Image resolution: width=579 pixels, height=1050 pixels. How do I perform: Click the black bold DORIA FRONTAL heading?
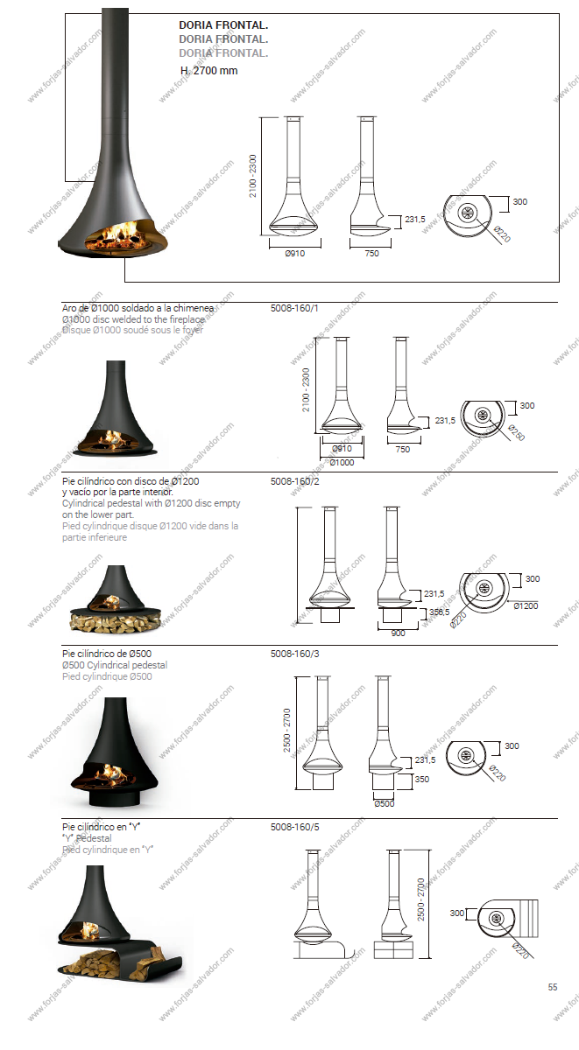[223, 25]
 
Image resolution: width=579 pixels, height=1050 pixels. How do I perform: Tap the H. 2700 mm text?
[208, 71]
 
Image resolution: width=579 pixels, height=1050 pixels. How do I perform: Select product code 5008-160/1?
[294, 308]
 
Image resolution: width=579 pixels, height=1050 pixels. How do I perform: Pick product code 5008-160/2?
[294, 481]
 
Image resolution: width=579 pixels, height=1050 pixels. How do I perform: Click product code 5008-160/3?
[294, 654]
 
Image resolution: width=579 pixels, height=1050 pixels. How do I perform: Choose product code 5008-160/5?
[294, 828]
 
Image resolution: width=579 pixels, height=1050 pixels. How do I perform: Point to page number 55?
[553, 987]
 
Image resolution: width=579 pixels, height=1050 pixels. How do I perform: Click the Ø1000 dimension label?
[342, 463]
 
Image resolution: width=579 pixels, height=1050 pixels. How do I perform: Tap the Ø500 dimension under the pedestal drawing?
[385, 804]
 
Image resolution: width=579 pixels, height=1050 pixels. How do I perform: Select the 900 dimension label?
[398, 633]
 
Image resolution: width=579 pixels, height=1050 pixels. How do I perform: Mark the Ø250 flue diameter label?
[516, 432]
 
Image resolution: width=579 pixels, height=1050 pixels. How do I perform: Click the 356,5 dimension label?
[439, 612]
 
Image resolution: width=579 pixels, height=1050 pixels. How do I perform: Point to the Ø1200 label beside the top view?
[526, 606]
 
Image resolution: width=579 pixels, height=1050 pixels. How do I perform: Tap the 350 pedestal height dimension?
[422, 779]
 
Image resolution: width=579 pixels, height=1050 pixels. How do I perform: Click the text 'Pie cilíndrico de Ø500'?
[107, 654]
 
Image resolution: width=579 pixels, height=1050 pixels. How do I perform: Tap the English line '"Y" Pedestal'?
[87, 838]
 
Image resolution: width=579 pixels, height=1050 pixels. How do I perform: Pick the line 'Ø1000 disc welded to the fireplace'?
[133, 319]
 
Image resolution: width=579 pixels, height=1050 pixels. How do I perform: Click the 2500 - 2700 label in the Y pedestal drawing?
[420, 899]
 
